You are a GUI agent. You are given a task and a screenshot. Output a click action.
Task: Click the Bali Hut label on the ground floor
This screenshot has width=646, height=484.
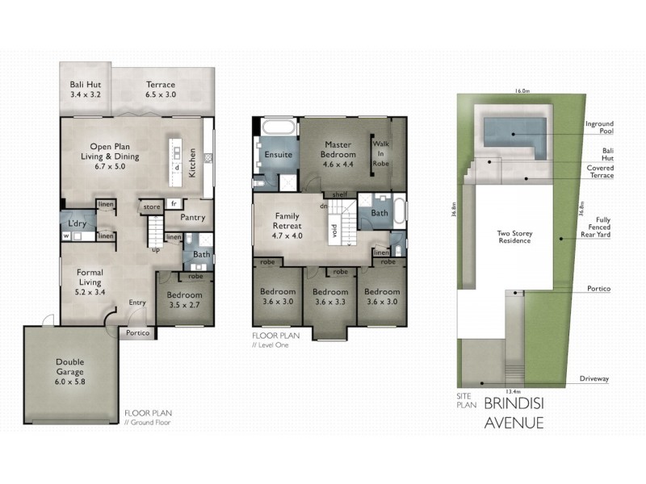86,90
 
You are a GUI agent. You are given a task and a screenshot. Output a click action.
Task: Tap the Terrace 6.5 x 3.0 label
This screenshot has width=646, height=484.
161,90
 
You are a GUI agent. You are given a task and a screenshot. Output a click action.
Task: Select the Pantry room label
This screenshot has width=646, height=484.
193,217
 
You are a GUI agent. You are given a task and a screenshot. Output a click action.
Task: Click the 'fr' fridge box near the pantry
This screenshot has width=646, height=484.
174,203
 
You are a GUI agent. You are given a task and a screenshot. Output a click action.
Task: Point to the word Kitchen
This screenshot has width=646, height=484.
192,163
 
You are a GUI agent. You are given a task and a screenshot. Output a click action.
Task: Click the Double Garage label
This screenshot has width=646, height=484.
70,372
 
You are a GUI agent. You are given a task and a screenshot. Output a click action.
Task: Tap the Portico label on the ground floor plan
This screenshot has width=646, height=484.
137,332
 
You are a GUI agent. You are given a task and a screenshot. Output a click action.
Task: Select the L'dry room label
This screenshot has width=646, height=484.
77,223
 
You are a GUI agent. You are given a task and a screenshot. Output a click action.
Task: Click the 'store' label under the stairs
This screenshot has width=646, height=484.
152,207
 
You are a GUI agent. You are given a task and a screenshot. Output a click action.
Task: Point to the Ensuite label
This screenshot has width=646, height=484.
278,155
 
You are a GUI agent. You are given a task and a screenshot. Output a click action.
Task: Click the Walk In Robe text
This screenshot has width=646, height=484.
380,153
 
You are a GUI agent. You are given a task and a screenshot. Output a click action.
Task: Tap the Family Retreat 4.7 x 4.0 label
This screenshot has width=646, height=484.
287,226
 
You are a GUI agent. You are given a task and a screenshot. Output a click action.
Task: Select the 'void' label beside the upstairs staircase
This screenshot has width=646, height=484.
334,231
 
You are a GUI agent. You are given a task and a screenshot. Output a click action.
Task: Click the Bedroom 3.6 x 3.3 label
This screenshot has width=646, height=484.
330,297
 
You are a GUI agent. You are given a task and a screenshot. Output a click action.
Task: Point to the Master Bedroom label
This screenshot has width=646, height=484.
338,154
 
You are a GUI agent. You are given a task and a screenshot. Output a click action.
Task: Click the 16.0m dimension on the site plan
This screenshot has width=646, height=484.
522,91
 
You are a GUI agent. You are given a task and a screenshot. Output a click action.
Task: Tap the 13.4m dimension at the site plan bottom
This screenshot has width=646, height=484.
513,391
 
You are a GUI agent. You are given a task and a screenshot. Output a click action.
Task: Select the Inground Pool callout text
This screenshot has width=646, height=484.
599,127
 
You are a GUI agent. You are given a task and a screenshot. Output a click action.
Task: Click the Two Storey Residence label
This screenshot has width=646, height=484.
514,237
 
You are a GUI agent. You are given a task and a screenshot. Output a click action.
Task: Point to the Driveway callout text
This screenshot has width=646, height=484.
594,378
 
